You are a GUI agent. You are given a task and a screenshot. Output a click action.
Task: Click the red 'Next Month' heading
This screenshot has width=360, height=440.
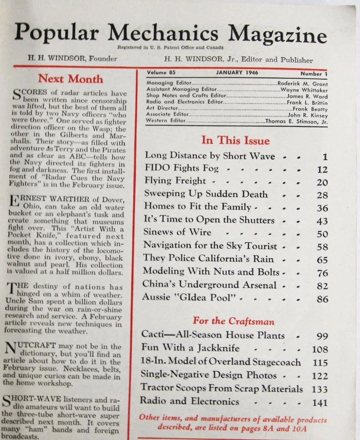70,79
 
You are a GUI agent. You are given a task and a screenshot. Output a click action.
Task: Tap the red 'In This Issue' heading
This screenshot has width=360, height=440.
236,140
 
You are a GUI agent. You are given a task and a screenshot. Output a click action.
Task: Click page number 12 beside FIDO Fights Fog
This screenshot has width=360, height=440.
323,169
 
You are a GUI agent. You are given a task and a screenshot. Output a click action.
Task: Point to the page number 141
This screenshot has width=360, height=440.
320,403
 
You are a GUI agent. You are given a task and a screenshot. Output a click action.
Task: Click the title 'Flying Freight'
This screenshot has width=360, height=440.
175,181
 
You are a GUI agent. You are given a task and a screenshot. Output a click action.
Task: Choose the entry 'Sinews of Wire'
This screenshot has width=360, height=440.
177,232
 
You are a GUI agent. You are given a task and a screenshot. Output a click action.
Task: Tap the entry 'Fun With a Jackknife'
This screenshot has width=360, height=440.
190,348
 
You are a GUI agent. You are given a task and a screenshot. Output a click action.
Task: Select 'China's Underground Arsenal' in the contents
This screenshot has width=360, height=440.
209,285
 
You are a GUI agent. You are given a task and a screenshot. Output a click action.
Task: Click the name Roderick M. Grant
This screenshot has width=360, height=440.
302,83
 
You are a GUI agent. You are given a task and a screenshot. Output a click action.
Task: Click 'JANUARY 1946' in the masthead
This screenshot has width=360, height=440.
237,73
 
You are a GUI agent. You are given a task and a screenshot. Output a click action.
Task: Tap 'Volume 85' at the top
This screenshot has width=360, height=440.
160,73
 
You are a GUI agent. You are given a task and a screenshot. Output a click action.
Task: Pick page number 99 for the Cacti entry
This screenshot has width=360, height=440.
322,336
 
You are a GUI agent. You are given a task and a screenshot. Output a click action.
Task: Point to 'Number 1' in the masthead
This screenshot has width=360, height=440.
314,74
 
